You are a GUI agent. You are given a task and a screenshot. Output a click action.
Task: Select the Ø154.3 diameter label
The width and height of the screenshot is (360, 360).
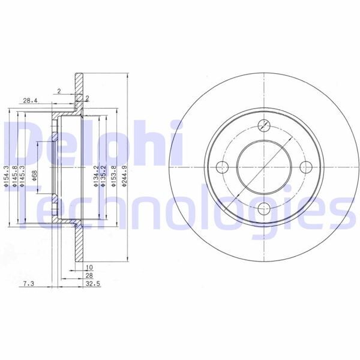tap(7, 178)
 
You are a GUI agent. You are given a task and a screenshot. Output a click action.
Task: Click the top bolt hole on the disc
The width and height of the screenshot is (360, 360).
tap(264, 125)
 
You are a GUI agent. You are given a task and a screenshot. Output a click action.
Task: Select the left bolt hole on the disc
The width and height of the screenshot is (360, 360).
tap(222, 167)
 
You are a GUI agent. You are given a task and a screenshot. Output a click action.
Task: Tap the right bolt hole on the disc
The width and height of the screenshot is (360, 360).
tap(306, 167)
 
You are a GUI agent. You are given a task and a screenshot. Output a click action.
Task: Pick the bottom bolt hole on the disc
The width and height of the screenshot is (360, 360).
tap(264, 209)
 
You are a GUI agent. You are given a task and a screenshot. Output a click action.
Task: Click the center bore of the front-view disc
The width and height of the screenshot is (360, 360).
tap(264, 167)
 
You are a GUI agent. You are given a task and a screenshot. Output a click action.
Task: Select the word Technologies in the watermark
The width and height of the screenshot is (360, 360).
tap(180, 207)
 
